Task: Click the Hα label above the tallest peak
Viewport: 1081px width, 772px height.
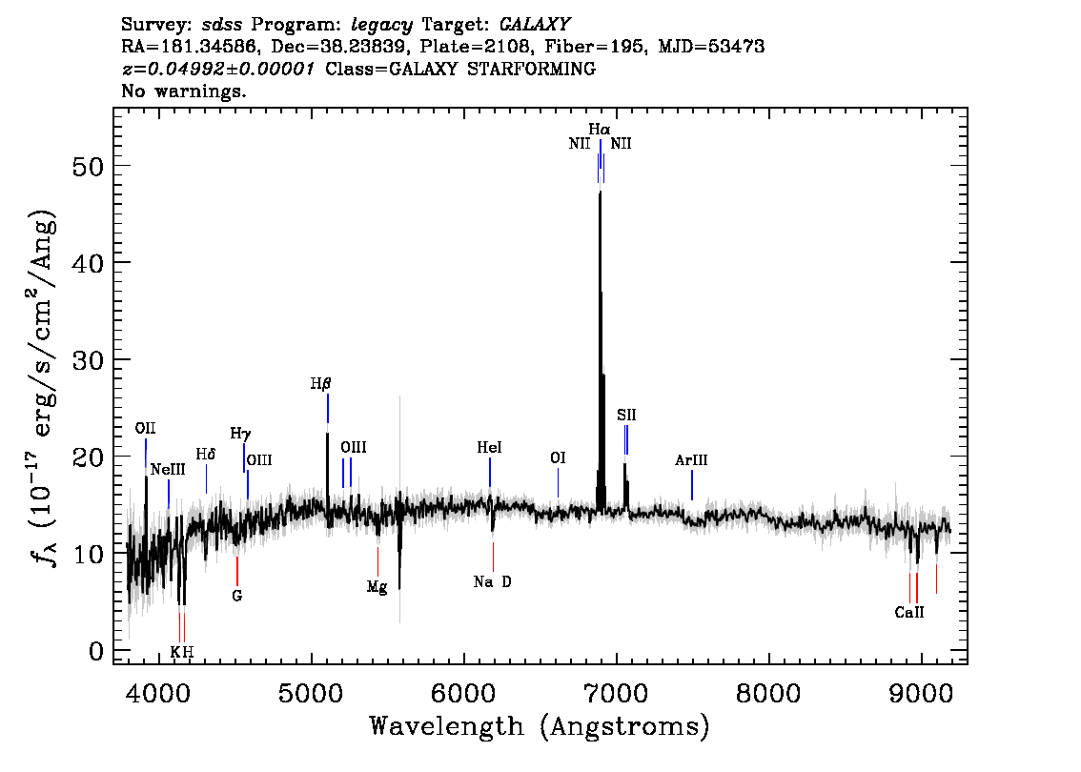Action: pyautogui.click(x=599, y=129)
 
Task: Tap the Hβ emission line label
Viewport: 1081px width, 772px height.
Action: pyautogui.click(x=320, y=384)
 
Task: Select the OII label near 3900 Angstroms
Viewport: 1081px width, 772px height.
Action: pyautogui.click(x=146, y=428)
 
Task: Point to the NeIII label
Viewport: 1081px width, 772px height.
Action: pyautogui.click(x=168, y=470)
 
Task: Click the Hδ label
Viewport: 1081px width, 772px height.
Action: pyautogui.click(x=206, y=454)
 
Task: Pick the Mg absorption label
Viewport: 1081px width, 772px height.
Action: pyautogui.click(x=377, y=587)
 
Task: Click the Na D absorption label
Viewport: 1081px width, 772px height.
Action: pyautogui.click(x=492, y=581)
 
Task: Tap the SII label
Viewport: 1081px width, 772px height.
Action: pyautogui.click(x=626, y=415)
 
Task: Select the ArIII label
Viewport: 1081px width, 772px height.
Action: pyautogui.click(x=691, y=459)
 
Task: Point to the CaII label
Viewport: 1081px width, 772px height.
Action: pyautogui.click(x=909, y=612)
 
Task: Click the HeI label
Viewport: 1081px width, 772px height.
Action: pyautogui.click(x=489, y=447)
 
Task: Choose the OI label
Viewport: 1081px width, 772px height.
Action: pyautogui.click(x=558, y=457)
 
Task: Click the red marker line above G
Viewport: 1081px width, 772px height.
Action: pyautogui.click(x=237, y=571)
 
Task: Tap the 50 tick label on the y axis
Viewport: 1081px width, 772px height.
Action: pyautogui.click(x=89, y=166)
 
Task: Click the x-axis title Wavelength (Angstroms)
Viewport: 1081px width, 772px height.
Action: pyautogui.click(x=540, y=726)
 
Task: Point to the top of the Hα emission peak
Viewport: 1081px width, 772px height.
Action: pyautogui.click(x=601, y=192)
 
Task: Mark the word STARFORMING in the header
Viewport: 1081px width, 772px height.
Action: pyautogui.click(x=532, y=69)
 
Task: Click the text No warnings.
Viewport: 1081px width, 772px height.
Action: pyautogui.click(x=183, y=91)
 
